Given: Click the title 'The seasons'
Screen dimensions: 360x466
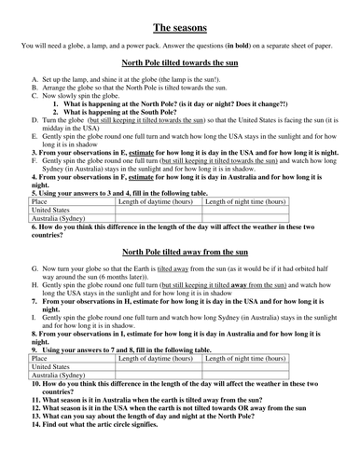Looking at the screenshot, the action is [180, 29].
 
